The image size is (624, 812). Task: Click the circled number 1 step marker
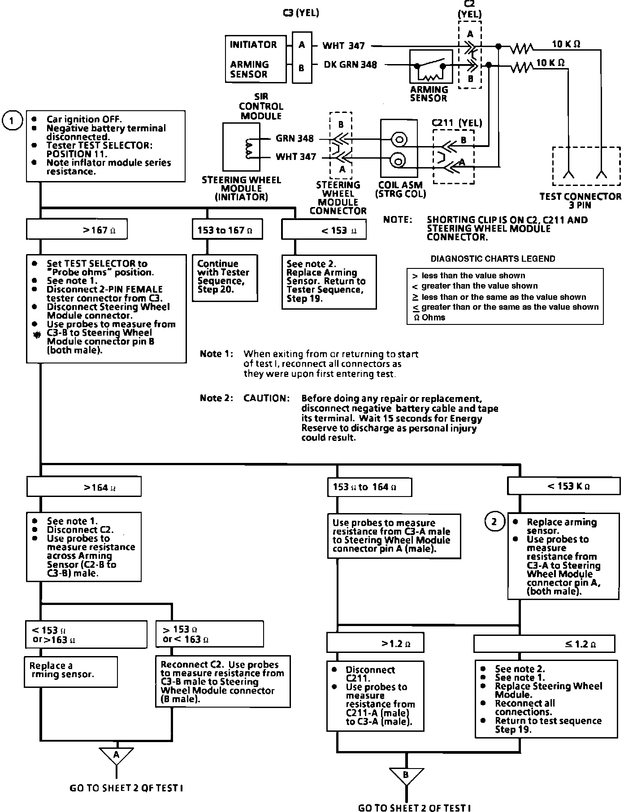12,121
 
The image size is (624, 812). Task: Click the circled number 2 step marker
494,522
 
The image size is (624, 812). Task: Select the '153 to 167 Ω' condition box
227,230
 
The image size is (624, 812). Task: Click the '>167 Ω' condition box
77,230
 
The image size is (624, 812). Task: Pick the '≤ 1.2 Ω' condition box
544,644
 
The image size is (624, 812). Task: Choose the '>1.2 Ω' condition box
375,644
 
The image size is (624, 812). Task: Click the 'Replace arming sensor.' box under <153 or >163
71,671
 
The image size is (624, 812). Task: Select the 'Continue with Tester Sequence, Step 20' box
225,277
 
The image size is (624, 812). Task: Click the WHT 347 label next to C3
344,46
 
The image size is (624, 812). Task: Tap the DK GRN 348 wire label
350,65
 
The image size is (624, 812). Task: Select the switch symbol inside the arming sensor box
430,67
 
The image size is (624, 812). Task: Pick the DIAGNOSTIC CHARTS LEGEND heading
493,259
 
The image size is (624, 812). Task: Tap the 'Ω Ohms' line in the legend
429,317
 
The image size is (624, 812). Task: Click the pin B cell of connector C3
302,68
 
